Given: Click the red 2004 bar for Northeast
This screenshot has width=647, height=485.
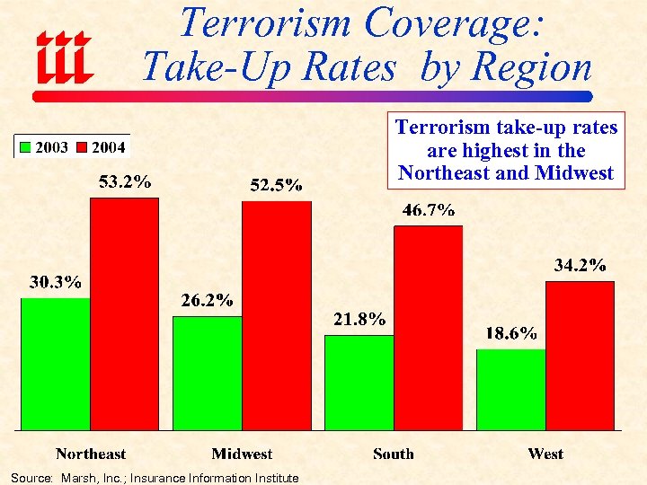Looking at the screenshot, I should point(125,313).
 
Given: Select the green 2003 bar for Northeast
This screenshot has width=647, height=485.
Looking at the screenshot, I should point(56,364).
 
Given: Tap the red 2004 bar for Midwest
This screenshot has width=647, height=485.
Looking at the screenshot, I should point(277,315).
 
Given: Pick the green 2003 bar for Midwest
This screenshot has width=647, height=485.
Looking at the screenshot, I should point(208,373).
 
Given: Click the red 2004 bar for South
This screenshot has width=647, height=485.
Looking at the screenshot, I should point(429,328).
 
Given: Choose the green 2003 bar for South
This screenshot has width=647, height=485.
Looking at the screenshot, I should point(359,383).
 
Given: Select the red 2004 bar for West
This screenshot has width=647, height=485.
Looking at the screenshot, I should point(581,356).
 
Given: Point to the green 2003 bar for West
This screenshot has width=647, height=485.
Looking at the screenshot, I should point(511,389).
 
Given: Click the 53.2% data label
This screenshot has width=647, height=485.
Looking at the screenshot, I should point(125,182).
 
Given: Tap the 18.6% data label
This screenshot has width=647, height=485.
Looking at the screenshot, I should point(511,333).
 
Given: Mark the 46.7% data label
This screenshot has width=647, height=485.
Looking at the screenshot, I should point(428,210).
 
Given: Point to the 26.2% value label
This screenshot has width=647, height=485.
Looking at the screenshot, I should point(207,300).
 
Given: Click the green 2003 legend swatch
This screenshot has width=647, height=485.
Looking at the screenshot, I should point(26,147).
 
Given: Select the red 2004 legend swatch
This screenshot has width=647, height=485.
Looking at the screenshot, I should point(82,147).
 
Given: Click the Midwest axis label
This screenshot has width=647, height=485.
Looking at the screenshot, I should point(242,454).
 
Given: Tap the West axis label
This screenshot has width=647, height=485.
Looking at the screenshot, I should point(545,454).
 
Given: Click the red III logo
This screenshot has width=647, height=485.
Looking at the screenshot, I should point(63,55).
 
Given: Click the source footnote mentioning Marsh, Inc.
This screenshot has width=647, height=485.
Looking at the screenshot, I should point(155,478).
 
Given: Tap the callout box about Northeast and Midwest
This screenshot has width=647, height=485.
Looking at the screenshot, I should point(506,151).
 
